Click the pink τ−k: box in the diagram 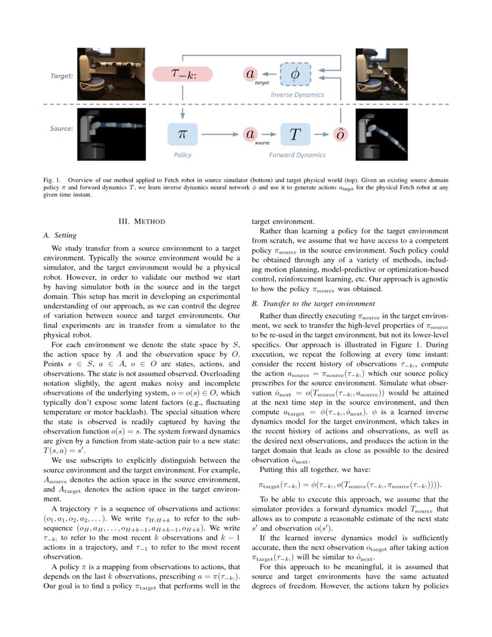point(183,74)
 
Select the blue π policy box point(182,134)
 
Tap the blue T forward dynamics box point(295,134)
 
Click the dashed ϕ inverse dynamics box point(295,74)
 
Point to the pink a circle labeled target point(250,74)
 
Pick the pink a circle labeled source point(250,134)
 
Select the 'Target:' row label point(61,76)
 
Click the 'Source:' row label point(61,129)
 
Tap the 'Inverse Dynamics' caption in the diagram point(297,94)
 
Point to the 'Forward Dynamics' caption point(297,155)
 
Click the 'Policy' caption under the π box point(182,155)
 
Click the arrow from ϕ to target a point(269,74)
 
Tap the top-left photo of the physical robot point(104,72)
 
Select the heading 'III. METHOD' point(141,221)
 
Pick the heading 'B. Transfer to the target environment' point(313,303)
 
